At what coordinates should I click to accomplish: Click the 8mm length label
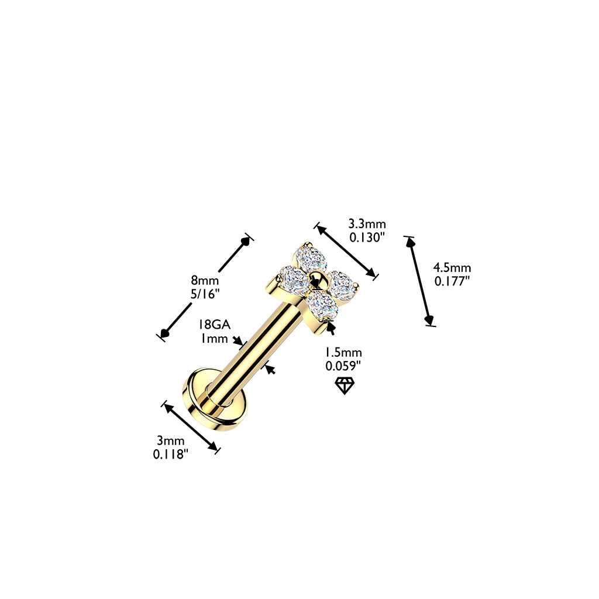pos(205,280)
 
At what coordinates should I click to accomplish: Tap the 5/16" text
pos(205,294)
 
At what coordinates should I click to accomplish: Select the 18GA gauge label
pos(214,324)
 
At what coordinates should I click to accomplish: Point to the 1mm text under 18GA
pos(214,338)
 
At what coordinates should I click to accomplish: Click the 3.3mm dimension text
pos(367,223)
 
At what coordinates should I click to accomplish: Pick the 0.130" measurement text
pos(366,237)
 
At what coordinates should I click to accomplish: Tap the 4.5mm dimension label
pos(452,267)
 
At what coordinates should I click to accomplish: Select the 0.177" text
pos(452,281)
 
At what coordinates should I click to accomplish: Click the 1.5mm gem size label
pos(343,352)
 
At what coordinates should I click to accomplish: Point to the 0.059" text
pos(343,366)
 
